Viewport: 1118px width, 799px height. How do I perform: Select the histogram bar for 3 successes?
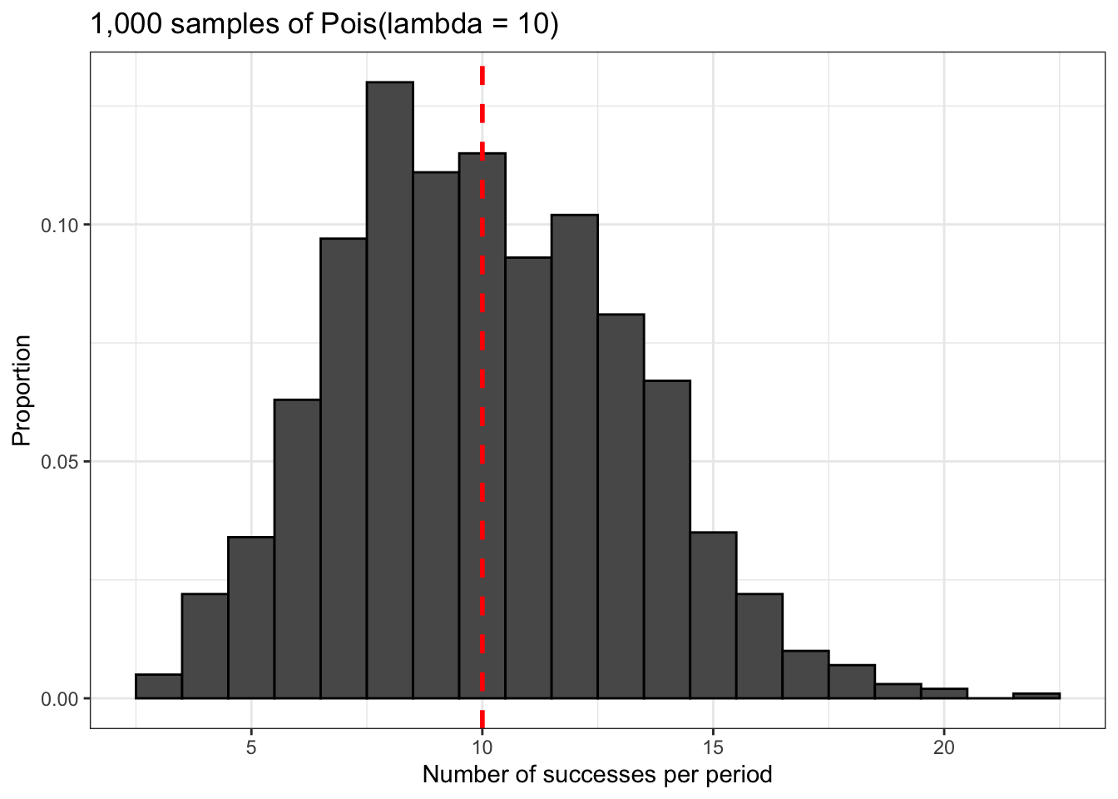159,687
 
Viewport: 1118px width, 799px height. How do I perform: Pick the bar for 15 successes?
713,615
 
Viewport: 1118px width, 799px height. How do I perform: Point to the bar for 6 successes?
297,548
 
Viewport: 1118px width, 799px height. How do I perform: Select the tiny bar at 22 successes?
1036,696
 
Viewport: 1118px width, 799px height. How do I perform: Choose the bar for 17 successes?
805,675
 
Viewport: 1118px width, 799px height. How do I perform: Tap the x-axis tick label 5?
251,747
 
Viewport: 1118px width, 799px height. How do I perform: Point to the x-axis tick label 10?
482,747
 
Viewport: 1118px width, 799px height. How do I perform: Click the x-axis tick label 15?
713,747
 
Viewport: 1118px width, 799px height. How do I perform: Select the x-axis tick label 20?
943,747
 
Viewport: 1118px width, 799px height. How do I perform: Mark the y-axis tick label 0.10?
59,226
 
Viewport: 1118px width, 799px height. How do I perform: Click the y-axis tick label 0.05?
59,462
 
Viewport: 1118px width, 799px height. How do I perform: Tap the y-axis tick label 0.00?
59,698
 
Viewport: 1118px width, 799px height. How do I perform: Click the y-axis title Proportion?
22,390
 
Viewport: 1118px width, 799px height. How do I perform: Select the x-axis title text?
597,775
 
